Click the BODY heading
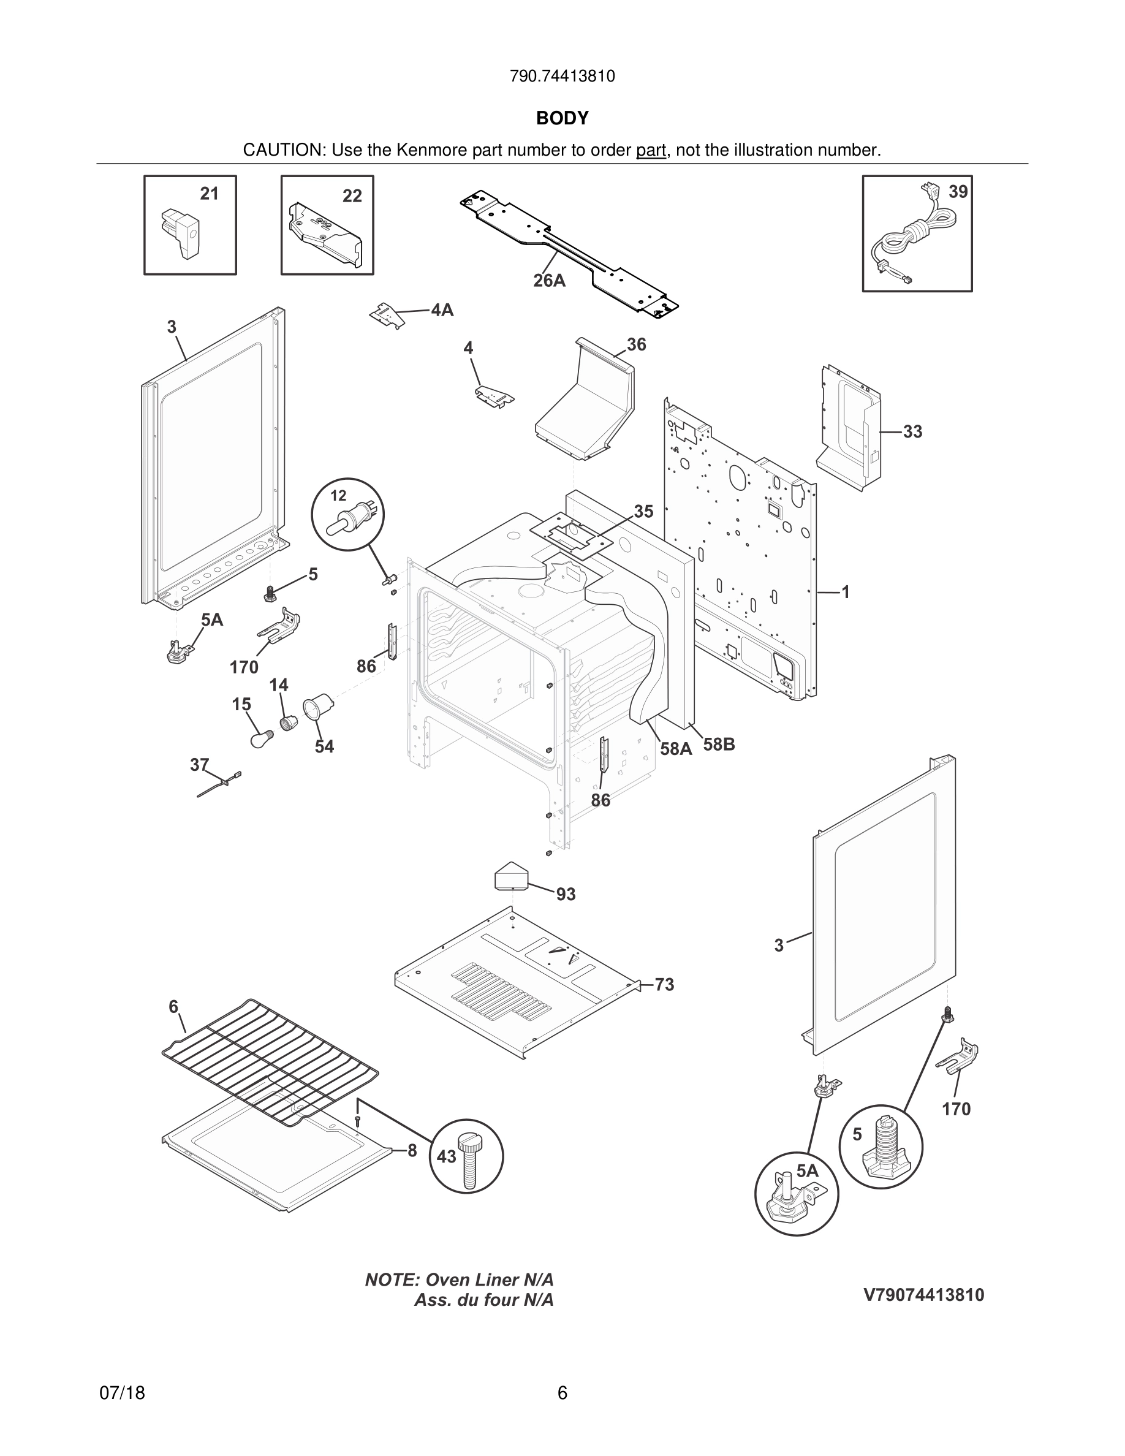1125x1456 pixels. point(562,118)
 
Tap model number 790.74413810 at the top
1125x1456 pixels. point(562,77)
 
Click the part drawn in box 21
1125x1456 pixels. point(181,233)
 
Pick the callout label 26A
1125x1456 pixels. point(549,281)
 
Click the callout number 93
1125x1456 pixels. point(566,895)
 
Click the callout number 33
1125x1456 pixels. point(912,431)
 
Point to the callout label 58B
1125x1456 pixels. point(719,745)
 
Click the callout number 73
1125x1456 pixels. point(664,985)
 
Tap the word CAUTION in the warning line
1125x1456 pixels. point(283,150)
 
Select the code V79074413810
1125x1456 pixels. point(924,1295)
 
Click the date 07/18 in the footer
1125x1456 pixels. point(122,1393)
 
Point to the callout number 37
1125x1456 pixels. point(199,765)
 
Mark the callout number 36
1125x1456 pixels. point(637,344)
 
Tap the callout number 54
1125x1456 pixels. point(325,746)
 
